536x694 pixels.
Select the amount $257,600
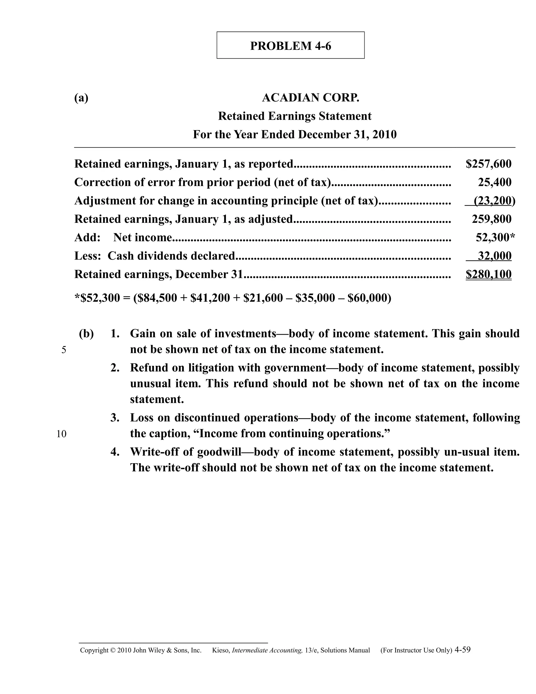(488, 164)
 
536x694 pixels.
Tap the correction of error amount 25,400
(494, 182)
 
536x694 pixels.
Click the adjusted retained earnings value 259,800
(492, 219)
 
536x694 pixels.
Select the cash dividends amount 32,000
(494, 256)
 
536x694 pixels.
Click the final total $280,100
(488, 274)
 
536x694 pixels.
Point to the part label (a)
(81, 98)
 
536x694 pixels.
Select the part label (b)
(86, 334)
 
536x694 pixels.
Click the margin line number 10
(62, 434)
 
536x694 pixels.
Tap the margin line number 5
(64, 350)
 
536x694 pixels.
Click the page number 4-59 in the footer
(462, 649)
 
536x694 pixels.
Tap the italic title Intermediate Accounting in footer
(267, 651)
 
